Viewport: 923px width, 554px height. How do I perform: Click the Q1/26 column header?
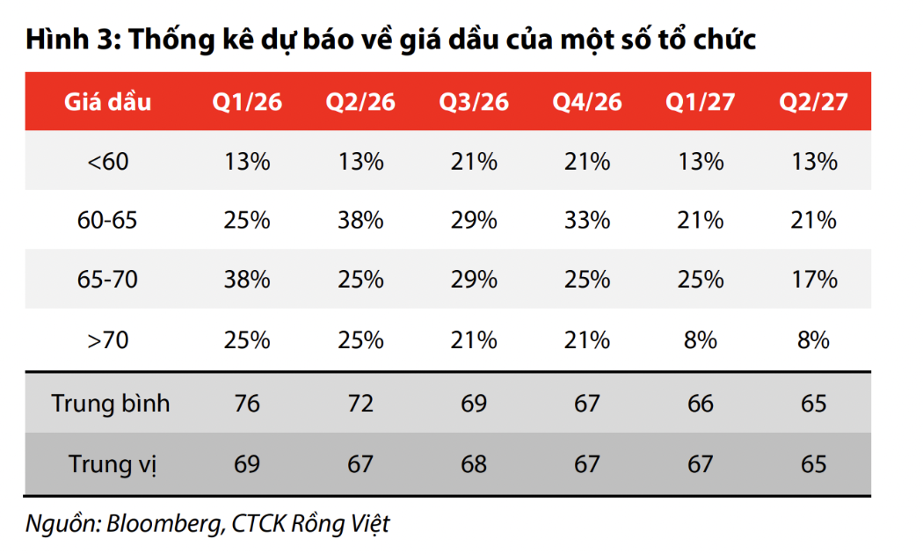click(x=247, y=102)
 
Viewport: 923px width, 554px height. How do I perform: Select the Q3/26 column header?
click(x=474, y=102)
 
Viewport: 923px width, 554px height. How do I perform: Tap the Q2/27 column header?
click(x=813, y=102)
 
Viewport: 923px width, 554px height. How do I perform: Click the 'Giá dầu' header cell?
click(x=107, y=102)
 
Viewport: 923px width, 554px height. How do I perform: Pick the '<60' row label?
click(x=107, y=162)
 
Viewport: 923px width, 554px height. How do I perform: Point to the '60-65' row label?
click(x=107, y=220)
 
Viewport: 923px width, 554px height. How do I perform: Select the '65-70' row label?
click(x=107, y=280)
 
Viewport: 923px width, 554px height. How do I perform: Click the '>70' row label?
click(x=107, y=339)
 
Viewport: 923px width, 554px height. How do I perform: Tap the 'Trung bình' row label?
click(x=111, y=404)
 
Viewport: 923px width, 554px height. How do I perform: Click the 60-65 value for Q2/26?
click(x=360, y=220)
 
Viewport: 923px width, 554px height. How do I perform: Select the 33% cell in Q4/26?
click(x=587, y=220)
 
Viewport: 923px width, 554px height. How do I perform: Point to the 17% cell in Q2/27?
click(x=813, y=280)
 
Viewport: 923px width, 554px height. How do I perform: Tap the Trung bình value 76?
click(x=247, y=404)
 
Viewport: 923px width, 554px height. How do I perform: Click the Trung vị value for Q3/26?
click(x=474, y=463)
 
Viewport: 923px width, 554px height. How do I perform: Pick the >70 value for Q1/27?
click(x=701, y=339)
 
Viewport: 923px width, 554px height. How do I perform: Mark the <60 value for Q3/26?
click(x=474, y=162)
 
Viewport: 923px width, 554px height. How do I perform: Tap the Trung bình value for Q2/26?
click(x=360, y=404)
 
